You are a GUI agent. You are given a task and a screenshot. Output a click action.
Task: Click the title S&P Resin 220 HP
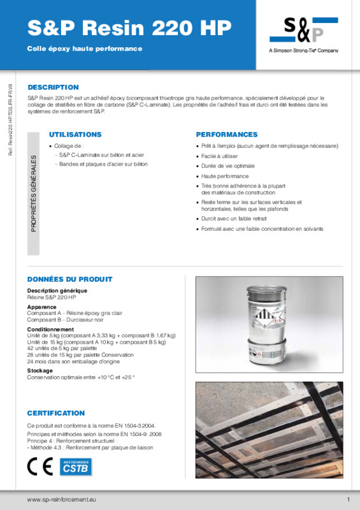(129, 28)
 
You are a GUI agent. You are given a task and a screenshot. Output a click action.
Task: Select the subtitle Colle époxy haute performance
(85, 48)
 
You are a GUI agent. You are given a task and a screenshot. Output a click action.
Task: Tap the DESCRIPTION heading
(53, 87)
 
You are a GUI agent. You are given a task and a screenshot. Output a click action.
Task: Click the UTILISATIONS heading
(75, 135)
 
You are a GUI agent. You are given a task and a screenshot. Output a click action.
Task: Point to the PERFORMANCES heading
(227, 135)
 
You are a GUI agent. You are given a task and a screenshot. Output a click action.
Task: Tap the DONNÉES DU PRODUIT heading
(69, 279)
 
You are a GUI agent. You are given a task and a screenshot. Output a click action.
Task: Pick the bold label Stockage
(40, 370)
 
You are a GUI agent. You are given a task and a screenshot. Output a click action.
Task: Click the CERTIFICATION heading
(56, 413)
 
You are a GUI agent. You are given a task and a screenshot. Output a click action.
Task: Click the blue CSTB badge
(75, 467)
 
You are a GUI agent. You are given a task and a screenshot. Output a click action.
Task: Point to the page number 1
(349, 499)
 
